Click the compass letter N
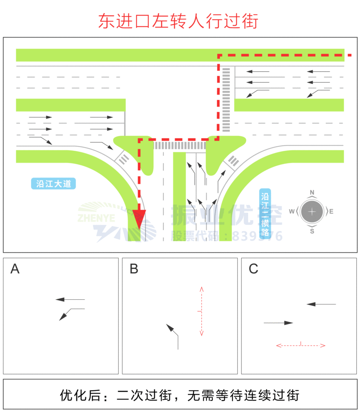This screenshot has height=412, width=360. click(312, 192)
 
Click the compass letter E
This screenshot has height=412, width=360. click(331, 211)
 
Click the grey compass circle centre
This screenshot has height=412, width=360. click(312, 211)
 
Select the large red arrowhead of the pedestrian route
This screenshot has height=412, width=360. click(139, 220)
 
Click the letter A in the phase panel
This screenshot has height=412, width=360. click(15, 269)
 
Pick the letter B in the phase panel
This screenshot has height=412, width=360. click(134, 269)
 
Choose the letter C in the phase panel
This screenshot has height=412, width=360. click(253, 269)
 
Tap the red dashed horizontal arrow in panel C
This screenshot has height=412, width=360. click(300, 345)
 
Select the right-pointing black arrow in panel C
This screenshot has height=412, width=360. click(278, 323)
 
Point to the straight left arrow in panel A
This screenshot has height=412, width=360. click(70, 299)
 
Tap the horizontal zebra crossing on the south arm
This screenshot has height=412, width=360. click(180, 145)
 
